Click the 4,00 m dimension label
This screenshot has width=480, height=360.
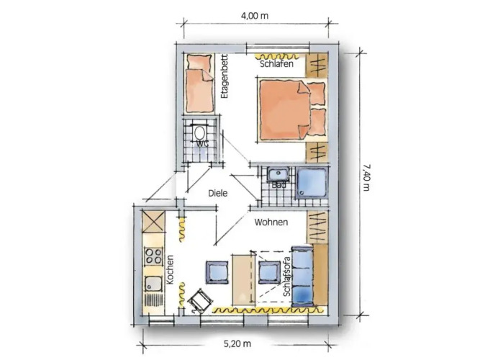[254, 16]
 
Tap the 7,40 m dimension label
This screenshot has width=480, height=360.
[366, 177]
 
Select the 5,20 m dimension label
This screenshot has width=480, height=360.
[237, 343]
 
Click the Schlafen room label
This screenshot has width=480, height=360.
[276, 64]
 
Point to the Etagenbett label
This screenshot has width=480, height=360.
[225, 76]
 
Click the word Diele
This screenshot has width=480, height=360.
[218, 194]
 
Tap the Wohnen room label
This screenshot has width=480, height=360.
[271, 222]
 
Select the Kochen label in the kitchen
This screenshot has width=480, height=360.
[170, 269]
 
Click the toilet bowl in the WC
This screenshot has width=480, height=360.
[200, 132]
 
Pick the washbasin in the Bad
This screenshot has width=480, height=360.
[278, 174]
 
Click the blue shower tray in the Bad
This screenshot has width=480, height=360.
[312, 183]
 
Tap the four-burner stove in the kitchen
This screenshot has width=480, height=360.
[154, 256]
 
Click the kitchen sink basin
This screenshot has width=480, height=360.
[153, 284]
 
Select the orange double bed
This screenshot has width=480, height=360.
[291, 109]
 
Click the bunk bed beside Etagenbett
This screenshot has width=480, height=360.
[199, 84]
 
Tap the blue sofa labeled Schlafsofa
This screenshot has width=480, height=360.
[302, 276]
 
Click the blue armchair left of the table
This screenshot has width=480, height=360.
[217, 271]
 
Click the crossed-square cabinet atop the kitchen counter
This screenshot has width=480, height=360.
[153, 221]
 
